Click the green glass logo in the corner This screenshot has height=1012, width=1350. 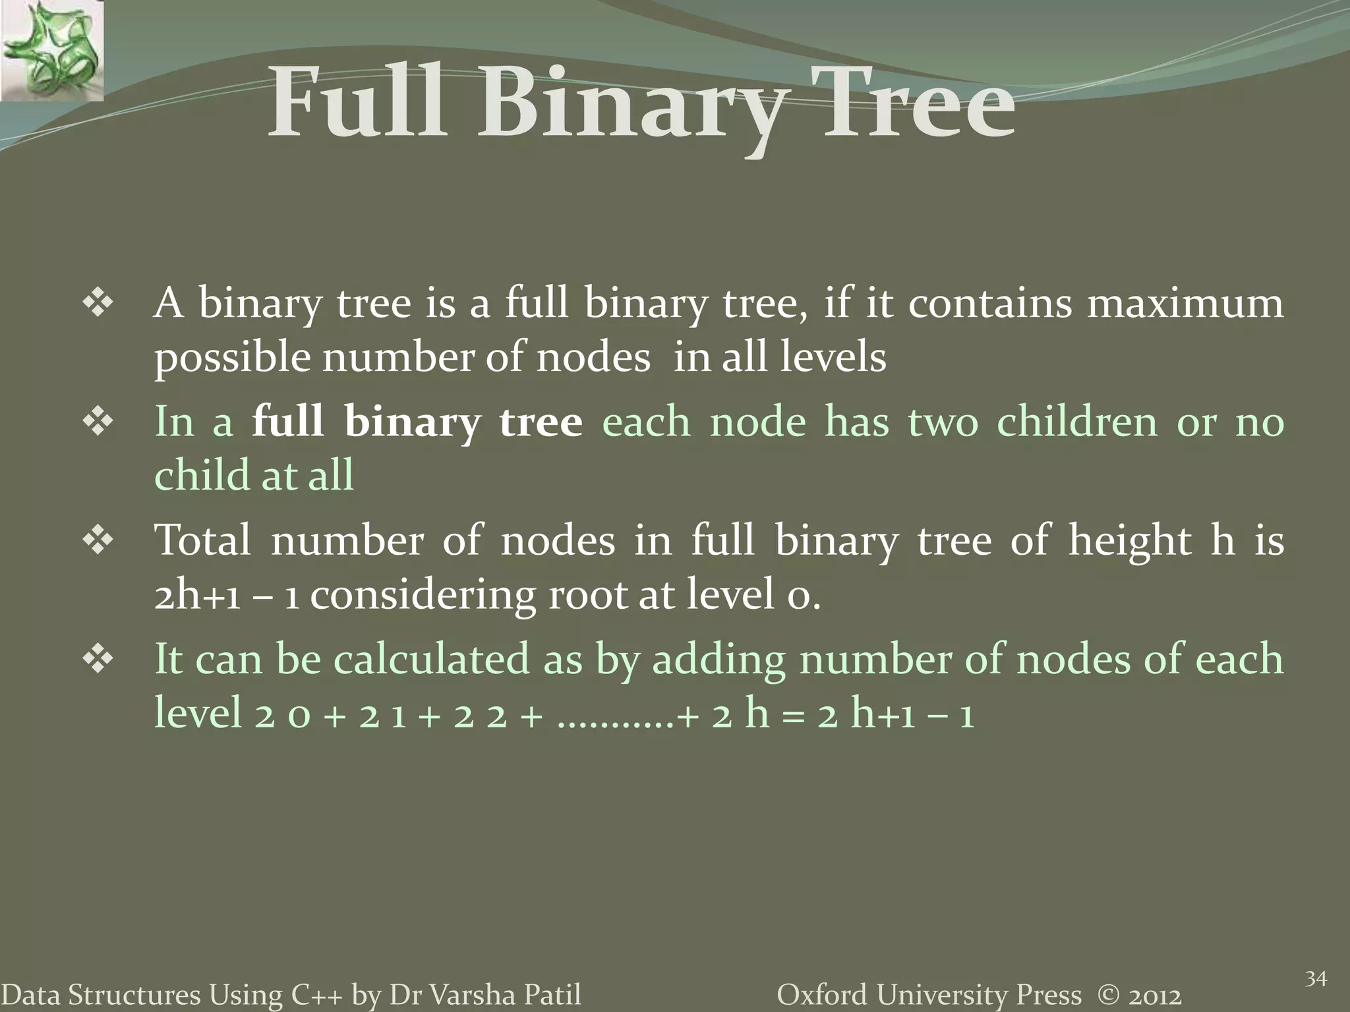point(51,50)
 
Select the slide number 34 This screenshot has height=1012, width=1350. point(1316,979)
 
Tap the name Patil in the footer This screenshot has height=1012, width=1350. point(550,996)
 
